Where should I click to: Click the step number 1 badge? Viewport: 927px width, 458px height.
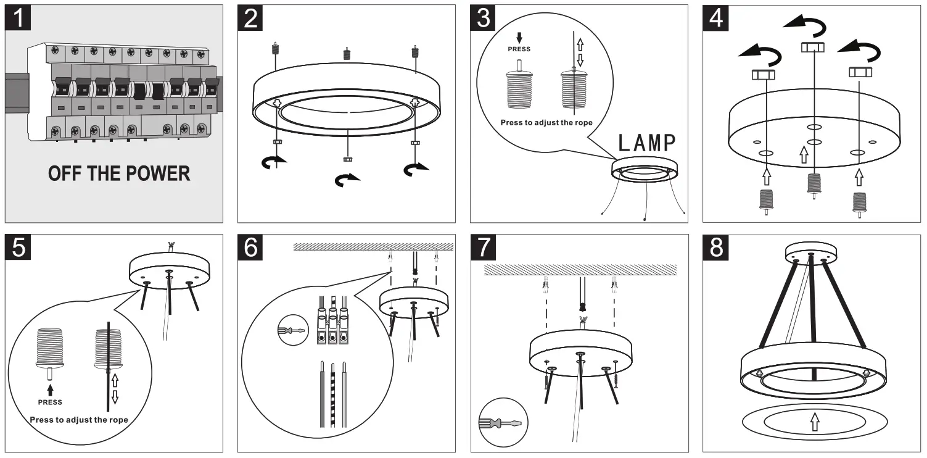(20, 19)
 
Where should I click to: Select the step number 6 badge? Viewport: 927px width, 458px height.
(252, 248)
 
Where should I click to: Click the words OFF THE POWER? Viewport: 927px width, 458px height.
(119, 173)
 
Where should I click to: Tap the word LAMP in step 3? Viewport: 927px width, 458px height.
(647, 143)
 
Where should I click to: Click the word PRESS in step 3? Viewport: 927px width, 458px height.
(519, 49)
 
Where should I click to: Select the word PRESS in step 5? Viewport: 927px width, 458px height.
(51, 402)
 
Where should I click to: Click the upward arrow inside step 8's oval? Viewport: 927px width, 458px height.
(814, 422)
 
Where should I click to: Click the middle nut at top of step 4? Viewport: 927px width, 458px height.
(813, 48)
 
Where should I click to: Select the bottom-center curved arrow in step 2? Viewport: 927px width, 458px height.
(348, 180)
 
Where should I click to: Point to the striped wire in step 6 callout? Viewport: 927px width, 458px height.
(333, 395)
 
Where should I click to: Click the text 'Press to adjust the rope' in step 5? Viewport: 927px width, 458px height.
(79, 420)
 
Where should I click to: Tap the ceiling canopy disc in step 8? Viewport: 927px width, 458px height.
(811, 253)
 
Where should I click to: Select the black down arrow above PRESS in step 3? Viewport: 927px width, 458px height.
(519, 37)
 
